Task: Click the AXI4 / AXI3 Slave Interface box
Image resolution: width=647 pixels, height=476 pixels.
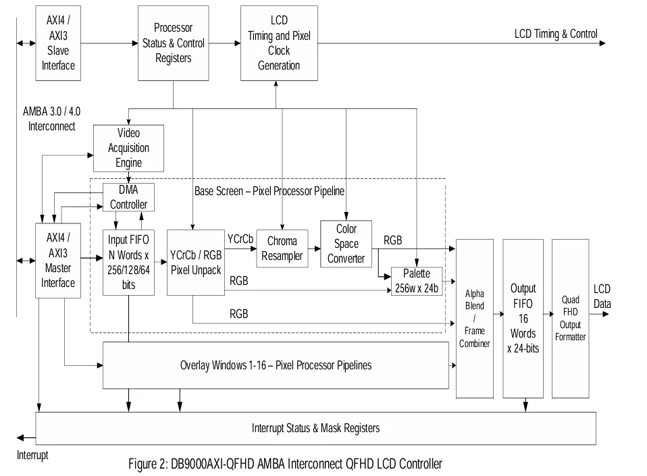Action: coord(58,43)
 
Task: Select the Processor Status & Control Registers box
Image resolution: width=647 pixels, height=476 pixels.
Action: coord(173,43)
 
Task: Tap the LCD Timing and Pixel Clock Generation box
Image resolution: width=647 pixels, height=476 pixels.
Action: coord(279,43)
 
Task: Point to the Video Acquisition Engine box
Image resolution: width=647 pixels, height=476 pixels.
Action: coord(128,148)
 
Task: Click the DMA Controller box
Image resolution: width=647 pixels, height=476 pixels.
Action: coord(128,196)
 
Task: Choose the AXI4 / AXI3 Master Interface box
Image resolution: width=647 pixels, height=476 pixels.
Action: coord(58,260)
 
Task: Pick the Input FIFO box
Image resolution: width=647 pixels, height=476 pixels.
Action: coord(128,261)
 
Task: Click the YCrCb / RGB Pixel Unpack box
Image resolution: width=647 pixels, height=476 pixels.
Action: coord(195,261)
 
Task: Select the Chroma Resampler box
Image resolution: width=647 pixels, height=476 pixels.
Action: coord(282,248)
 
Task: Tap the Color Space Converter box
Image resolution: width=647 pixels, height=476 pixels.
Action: coord(346,244)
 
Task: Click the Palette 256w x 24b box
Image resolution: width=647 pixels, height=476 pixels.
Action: coord(417,281)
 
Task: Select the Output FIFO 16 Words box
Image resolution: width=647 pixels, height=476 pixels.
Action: coord(523,318)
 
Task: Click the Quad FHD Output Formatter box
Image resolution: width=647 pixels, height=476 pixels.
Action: coord(570,318)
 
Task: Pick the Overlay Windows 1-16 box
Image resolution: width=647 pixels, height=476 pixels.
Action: coord(276,365)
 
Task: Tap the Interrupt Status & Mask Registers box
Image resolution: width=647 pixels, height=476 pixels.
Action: coord(315,428)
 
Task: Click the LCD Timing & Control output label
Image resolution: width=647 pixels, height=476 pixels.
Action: coord(555,34)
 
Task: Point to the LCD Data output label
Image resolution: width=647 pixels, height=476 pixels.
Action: coord(602,296)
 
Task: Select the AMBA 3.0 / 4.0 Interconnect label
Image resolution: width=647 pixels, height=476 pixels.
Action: coord(52,118)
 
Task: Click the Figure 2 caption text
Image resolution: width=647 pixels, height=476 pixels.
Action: coord(285,464)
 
